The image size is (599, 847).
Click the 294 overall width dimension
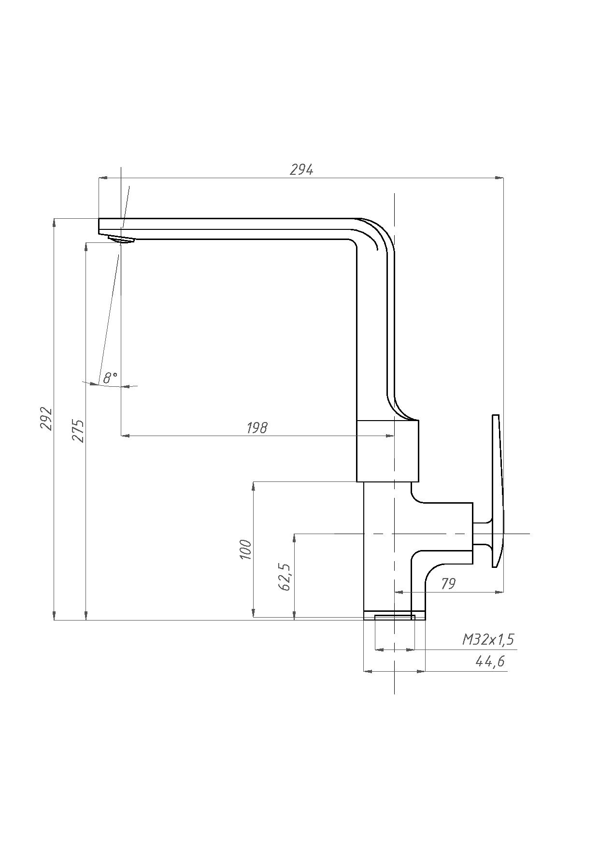(x=301, y=170)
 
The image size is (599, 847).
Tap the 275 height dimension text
(x=78, y=431)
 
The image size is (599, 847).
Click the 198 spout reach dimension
(x=257, y=428)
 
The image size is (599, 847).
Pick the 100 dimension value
(x=246, y=550)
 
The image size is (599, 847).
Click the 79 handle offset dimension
(x=448, y=584)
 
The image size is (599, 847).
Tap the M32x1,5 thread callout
(x=488, y=640)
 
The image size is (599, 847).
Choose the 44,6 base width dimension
(x=490, y=661)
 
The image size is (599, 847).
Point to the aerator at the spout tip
(x=121, y=240)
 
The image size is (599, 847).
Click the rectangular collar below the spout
(x=387, y=451)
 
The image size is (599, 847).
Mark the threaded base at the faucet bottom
(x=395, y=615)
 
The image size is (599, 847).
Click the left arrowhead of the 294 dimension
(x=103, y=178)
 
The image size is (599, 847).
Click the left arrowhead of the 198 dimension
(x=126, y=436)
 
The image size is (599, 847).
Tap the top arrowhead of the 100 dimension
(x=253, y=486)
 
